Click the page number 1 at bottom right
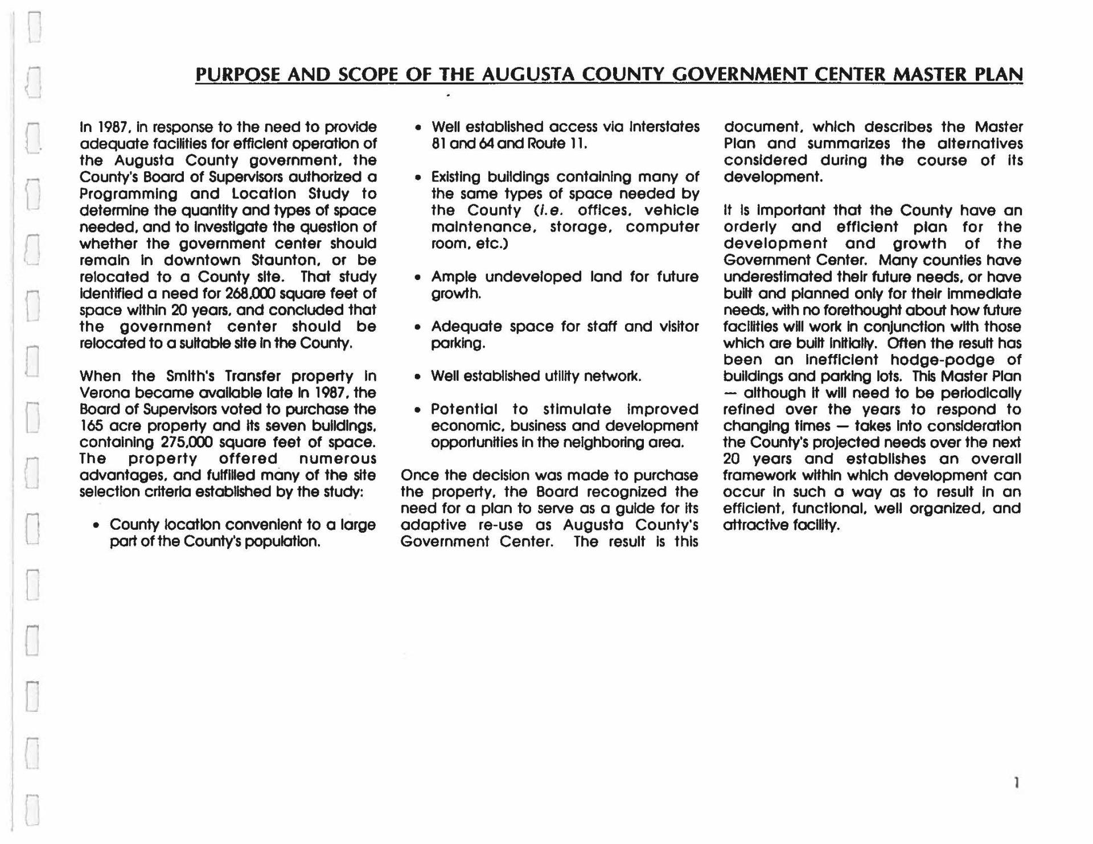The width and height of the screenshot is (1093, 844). (1016, 783)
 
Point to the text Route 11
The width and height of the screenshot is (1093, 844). (557, 143)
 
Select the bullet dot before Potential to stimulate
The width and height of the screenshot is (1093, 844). (418, 410)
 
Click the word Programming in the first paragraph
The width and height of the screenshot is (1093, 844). (128, 194)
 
